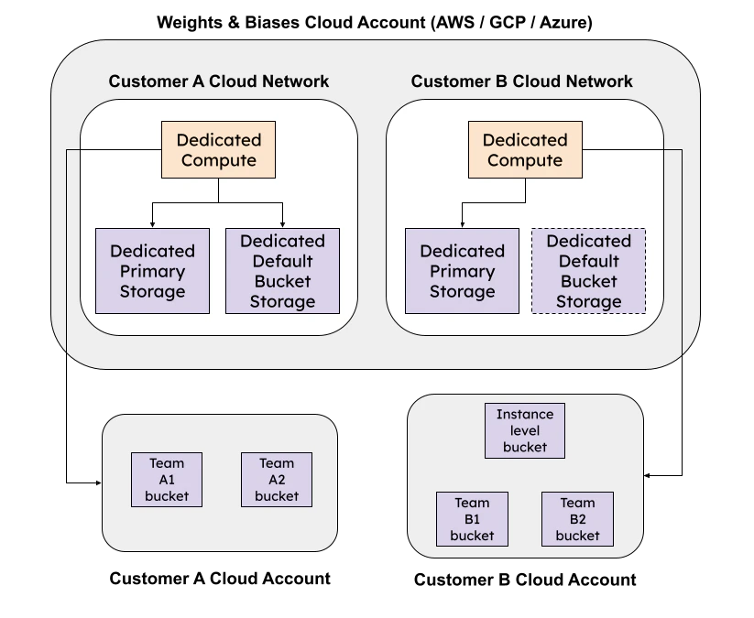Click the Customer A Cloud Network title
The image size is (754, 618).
pos(218,81)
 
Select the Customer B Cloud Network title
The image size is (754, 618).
pos(521,81)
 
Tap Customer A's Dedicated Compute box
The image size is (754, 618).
pos(218,150)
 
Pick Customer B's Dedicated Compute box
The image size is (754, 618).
pos(525,150)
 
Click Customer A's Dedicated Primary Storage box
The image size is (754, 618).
pos(153,271)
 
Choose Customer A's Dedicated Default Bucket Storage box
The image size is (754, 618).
pos(282,271)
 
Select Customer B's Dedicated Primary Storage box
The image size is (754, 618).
pos(462,271)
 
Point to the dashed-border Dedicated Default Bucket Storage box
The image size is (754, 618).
pos(588,271)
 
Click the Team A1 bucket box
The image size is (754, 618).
pos(166,480)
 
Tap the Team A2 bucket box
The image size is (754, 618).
pos(277,480)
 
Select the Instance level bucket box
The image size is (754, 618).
pos(525,430)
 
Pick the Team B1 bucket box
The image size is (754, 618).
pos(472,519)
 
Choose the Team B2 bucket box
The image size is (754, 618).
pos(577,519)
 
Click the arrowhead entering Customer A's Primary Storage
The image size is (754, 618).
pos(153,224)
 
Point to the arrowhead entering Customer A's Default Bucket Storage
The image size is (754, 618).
pos(282,224)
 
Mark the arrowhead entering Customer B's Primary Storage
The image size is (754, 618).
pos(462,224)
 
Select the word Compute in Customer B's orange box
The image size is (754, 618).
pos(525,161)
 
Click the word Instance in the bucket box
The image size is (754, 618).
pos(525,415)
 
